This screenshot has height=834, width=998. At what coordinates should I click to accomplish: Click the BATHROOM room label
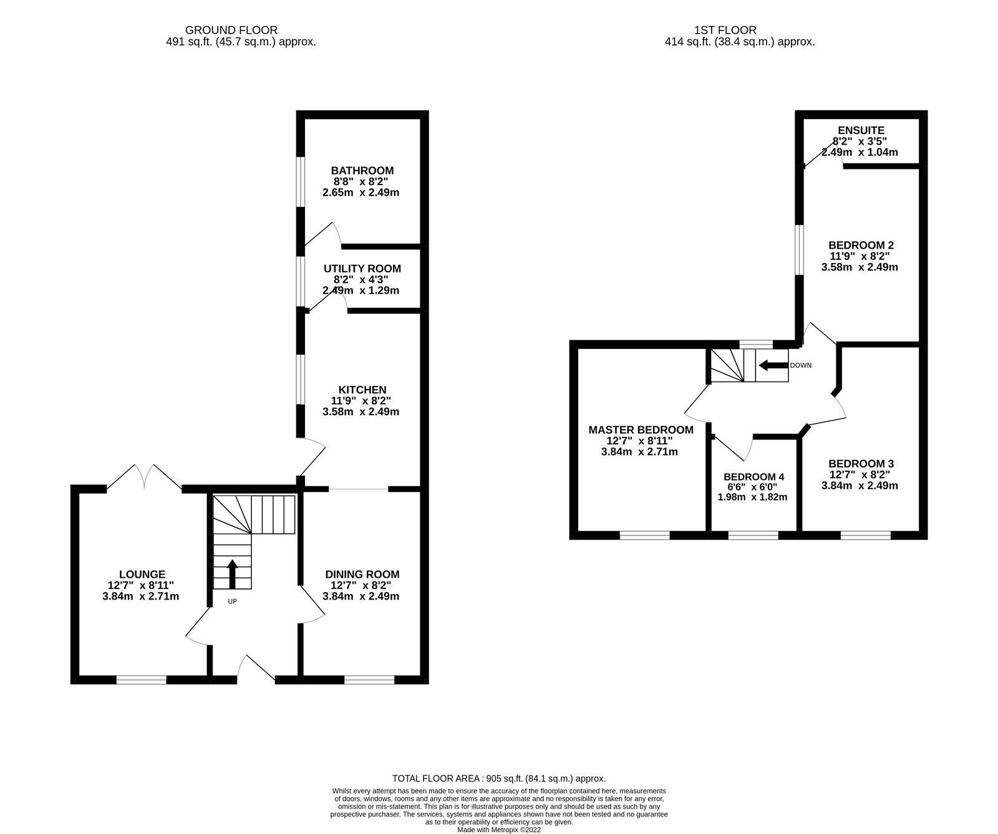[x=362, y=171]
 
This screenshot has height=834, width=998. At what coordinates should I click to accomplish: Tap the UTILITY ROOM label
[x=362, y=269]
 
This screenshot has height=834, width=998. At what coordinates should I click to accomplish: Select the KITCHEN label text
[x=362, y=390]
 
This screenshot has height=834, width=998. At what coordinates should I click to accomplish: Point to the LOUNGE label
[x=142, y=575]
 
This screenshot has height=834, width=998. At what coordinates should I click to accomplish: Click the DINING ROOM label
[x=362, y=575]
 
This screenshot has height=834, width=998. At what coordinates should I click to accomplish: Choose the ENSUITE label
[x=861, y=130]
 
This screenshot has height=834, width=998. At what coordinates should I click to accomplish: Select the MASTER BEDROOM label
[x=641, y=430]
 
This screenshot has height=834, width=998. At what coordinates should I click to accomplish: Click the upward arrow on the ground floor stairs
[x=232, y=574]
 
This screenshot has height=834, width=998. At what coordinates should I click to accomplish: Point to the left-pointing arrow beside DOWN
[x=773, y=365]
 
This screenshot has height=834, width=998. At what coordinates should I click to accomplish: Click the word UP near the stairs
[x=232, y=602]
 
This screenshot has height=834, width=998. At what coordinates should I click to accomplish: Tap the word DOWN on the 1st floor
[x=801, y=365]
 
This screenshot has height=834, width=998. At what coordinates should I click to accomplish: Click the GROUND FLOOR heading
[x=231, y=30]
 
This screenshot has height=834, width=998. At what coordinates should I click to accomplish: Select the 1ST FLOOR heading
[x=725, y=30]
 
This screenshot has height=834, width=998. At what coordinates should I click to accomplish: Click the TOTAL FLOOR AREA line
[x=499, y=779]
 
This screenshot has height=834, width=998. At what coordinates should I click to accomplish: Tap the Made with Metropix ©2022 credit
[x=499, y=830]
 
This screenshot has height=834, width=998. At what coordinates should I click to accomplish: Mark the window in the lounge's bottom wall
[x=142, y=679]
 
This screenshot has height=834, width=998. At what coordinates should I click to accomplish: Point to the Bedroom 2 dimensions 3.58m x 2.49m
[x=860, y=267]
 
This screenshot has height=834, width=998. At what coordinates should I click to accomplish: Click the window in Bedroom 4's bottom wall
[x=753, y=534]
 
